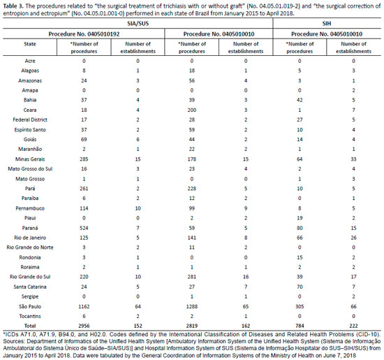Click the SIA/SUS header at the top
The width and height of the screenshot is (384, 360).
(138, 24)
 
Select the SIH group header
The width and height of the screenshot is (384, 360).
(327, 24)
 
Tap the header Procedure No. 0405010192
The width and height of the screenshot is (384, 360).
(84, 34)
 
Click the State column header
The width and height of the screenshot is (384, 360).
(30, 44)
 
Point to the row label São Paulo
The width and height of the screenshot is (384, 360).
(30, 306)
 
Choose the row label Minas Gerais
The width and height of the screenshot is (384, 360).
(30, 159)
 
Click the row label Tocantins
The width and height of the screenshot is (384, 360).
(30, 316)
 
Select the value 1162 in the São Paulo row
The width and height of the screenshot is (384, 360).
(84, 306)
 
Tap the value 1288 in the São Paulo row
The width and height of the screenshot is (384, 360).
(192, 306)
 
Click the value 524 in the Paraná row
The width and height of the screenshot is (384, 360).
(84, 228)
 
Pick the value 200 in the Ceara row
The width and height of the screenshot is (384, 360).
(192, 110)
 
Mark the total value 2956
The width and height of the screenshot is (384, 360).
(84, 326)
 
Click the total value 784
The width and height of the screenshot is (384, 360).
(300, 326)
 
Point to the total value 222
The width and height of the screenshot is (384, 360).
(354, 326)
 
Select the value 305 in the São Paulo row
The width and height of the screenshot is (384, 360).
(300, 306)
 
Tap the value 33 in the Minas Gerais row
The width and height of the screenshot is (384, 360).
(354, 159)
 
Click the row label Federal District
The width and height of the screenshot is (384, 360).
(30, 120)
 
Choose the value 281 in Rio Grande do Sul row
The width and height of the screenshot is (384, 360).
(192, 277)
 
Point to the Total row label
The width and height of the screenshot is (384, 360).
(30, 326)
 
